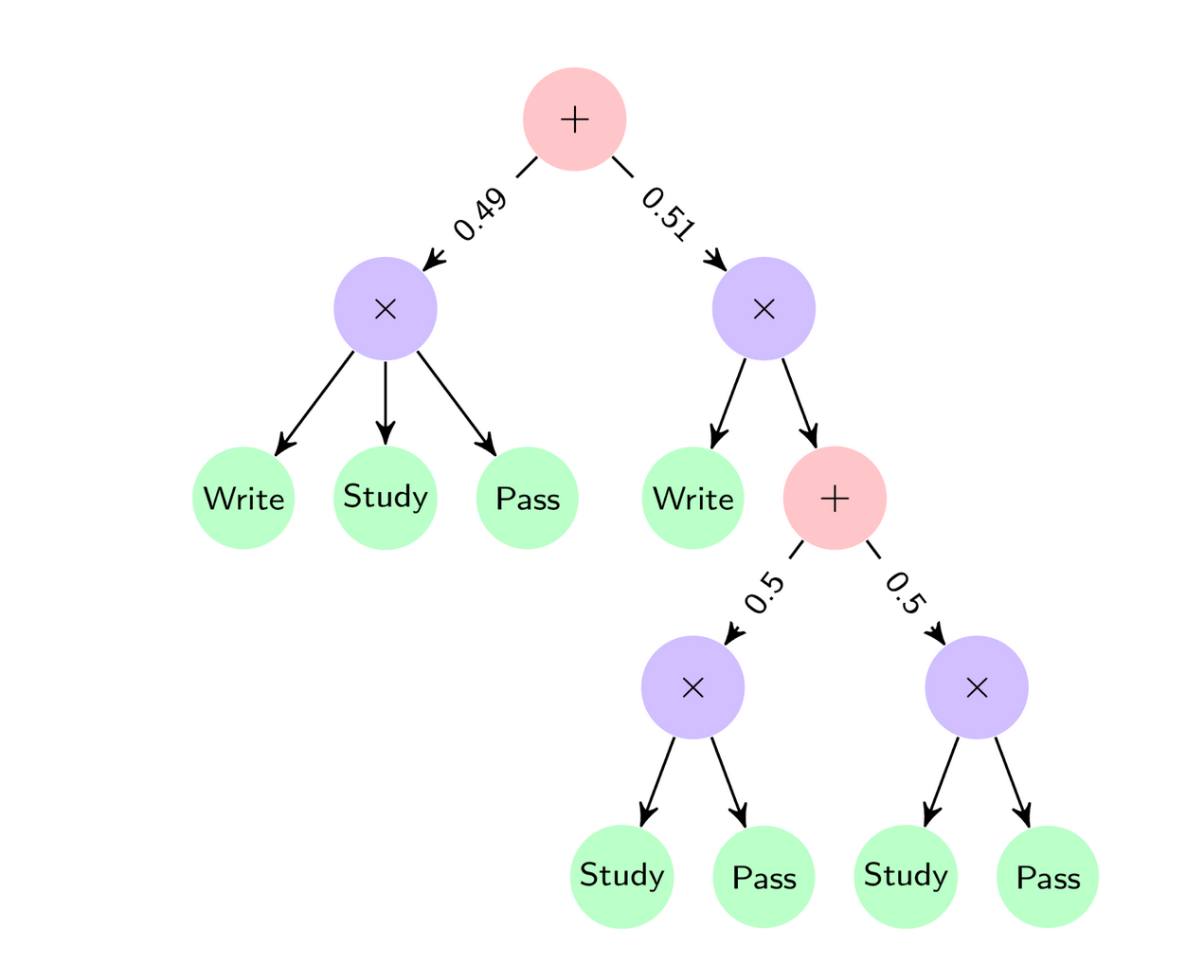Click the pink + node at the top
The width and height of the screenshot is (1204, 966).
coord(574,119)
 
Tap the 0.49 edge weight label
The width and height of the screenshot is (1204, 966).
coord(480,216)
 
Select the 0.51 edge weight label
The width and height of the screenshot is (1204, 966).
coord(669,214)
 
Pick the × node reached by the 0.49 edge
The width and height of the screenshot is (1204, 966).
coord(385,309)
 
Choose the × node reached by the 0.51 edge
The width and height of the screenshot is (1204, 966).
coord(764,309)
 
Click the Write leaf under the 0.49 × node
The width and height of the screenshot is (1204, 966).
coord(243,499)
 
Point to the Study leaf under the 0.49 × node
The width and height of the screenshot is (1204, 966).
coord(385,497)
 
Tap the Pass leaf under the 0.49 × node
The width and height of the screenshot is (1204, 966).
coord(527,499)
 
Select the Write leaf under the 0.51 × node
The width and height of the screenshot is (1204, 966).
coord(692,499)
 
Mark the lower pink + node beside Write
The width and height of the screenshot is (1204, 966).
coord(835,499)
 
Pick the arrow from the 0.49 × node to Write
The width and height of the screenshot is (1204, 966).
coord(314,404)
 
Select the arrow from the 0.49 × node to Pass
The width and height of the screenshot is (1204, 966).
coord(457,404)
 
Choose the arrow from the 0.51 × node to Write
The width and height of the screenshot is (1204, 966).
coord(728,404)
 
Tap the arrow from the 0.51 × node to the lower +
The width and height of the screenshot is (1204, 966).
coord(800,404)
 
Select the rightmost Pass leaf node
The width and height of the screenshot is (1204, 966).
coord(1048,878)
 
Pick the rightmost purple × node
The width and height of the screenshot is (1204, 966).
coord(977,688)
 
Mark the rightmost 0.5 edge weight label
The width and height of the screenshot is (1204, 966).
coord(904,593)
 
